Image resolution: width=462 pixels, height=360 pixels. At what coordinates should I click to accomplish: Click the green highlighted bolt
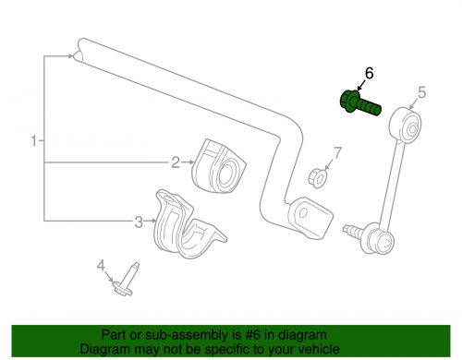[x=360, y=103]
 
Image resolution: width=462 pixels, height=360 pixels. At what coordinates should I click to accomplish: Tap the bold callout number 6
[x=369, y=74]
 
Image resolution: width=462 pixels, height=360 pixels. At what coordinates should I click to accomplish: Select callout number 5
[x=422, y=92]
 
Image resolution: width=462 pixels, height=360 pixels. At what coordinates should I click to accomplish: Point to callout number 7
[x=338, y=152]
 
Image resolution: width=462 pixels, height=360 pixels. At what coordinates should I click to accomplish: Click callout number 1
[x=34, y=141]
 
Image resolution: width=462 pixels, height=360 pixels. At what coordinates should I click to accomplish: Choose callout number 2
[x=176, y=162]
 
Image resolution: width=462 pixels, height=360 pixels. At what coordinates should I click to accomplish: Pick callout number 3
[x=139, y=222]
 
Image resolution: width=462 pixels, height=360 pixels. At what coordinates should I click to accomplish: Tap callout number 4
[x=101, y=265]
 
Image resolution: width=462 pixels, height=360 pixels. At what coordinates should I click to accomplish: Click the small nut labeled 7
[x=318, y=177]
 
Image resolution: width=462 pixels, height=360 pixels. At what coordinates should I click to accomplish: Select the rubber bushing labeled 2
[x=219, y=167]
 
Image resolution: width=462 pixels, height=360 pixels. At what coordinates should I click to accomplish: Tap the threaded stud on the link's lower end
[x=354, y=232]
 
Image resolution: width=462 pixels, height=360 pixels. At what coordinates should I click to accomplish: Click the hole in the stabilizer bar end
[x=303, y=212]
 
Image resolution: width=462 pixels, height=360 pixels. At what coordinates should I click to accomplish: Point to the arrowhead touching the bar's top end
[x=71, y=56]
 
